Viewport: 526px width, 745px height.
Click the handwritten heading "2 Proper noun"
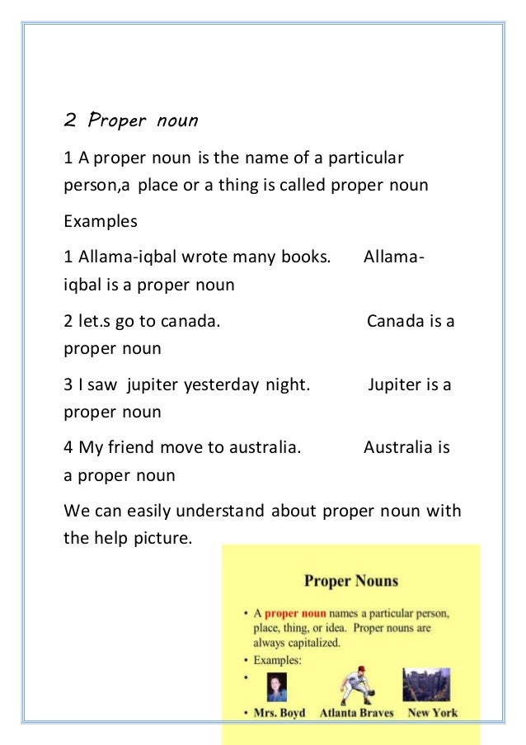(x=131, y=120)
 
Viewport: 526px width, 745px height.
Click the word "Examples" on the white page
(x=101, y=221)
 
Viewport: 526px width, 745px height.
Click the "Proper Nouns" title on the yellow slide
(x=351, y=581)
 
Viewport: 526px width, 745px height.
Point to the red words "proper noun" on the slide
(x=295, y=614)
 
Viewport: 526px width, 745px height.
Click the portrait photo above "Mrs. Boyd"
(x=277, y=686)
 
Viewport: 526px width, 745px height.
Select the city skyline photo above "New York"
(x=426, y=684)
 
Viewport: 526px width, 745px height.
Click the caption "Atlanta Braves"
(x=356, y=713)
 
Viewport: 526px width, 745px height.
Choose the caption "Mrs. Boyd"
(x=279, y=713)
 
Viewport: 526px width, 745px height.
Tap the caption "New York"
(x=433, y=713)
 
